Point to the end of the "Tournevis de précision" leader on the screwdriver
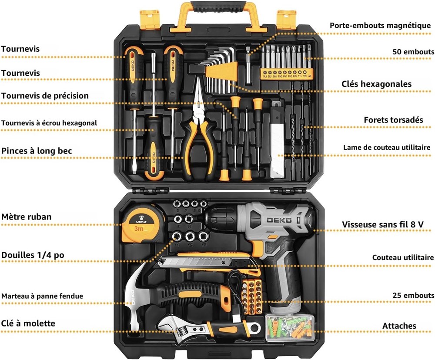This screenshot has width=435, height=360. click(237, 118)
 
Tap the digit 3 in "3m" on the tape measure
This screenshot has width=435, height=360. click(137, 229)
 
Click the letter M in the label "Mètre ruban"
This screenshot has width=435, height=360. click(5, 217)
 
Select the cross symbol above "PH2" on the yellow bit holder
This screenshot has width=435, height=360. click(290, 72)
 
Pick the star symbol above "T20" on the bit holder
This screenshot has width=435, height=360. click(304, 72)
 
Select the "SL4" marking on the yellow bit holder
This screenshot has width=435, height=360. click(265, 76)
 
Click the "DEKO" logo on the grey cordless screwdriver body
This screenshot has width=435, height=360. click(279, 220)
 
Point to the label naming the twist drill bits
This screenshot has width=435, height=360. click(393, 120)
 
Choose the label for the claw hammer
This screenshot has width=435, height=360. click(42, 296)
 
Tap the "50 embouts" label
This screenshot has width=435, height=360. click(413, 52)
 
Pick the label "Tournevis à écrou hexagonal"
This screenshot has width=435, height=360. click(49, 123)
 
